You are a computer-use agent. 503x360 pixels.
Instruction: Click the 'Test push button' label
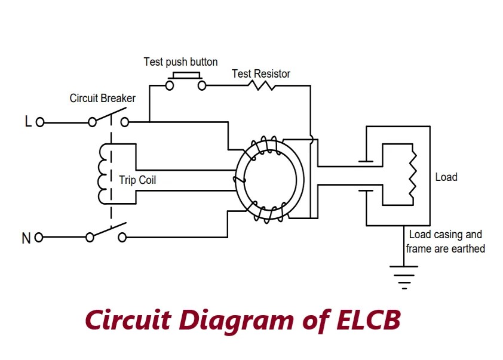click(x=180, y=62)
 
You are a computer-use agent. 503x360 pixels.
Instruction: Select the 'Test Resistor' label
click(x=261, y=74)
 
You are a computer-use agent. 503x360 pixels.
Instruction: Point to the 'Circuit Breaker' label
click(x=103, y=99)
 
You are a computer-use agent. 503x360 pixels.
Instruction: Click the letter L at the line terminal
click(x=27, y=122)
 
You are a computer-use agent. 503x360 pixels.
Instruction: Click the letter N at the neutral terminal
click(x=26, y=238)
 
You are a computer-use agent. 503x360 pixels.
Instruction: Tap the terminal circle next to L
click(x=40, y=122)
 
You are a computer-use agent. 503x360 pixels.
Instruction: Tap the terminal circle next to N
click(x=39, y=238)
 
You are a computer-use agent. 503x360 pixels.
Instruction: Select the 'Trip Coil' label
click(x=138, y=180)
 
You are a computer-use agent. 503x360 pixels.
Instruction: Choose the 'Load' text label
click(x=446, y=177)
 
